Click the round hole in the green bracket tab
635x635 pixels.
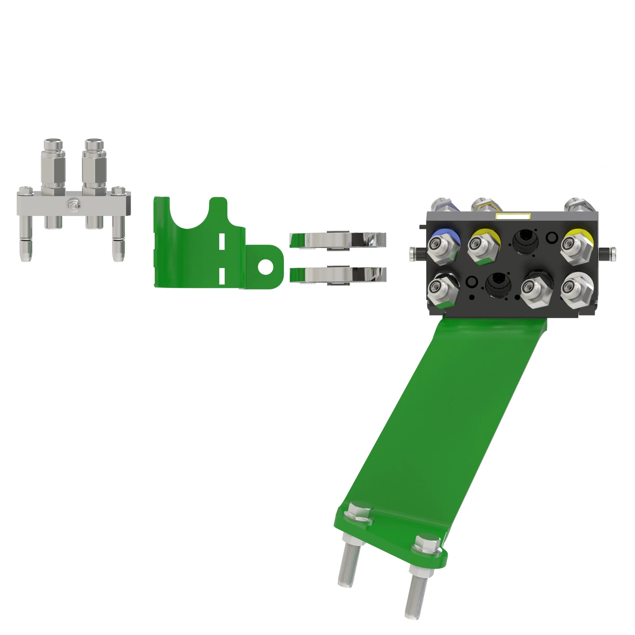coord(265,267)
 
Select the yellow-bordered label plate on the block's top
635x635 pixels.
coord(512,216)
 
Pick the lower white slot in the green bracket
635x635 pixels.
coord(222,275)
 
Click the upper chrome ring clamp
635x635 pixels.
coord(338,240)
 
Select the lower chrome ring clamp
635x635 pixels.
coord(338,275)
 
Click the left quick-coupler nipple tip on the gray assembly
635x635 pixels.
coord(53,143)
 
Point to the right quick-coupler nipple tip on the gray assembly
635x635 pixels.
coord(94,143)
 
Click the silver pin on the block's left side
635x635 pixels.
coord(413,255)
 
